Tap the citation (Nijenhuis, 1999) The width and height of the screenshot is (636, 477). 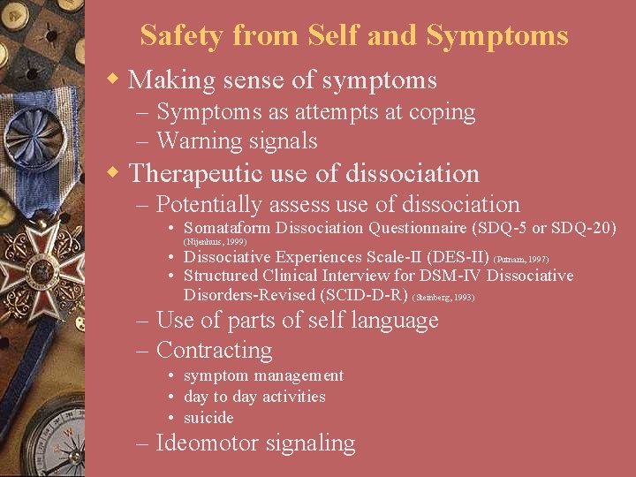215,241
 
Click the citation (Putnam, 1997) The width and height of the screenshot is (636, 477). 521,260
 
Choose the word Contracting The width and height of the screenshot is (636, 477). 214,350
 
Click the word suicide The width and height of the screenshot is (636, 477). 208,418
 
